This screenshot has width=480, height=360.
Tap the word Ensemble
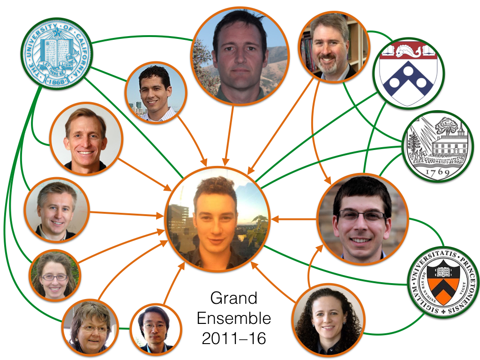pos(234,319)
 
